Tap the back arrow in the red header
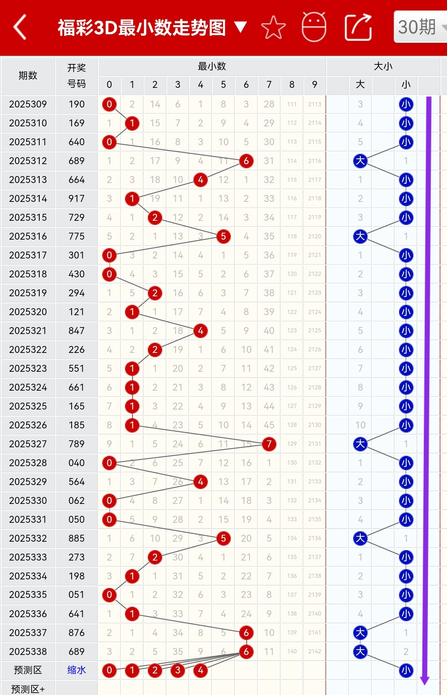pyautogui.click(x=20, y=27)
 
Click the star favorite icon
pyautogui.click(x=273, y=27)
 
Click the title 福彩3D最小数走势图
pyautogui.click(x=142, y=28)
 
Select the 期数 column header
pyautogui.click(x=28, y=76)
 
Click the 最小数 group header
pyautogui.click(x=212, y=66)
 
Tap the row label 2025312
pyautogui.click(x=28, y=161)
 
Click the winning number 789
pyautogui.click(x=77, y=444)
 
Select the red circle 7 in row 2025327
pyautogui.click(x=269, y=444)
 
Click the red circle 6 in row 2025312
pyautogui.click(x=246, y=161)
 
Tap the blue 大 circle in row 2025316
pyautogui.click(x=360, y=236)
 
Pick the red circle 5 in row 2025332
pyautogui.click(x=223, y=538)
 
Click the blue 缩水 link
pyautogui.click(x=77, y=670)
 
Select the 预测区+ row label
pyautogui.click(x=28, y=689)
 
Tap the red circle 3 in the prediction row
pyautogui.click(x=177, y=670)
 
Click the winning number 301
pyautogui.click(x=77, y=255)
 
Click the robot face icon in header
pyautogui.click(x=314, y=27)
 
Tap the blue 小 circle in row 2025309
pyautogui.click(x=406, y=104)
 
